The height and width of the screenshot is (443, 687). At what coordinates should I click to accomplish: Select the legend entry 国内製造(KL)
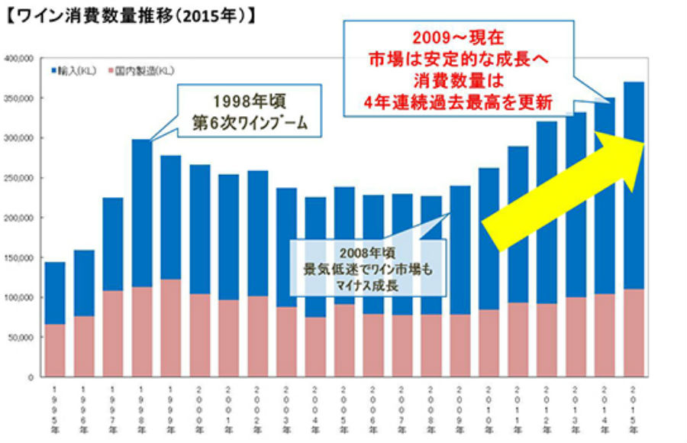(x=144, y=71)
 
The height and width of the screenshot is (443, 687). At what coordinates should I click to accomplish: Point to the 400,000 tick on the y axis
(x=18, y=58)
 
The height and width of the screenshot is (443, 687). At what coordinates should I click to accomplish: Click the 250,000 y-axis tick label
(x=18, y=178)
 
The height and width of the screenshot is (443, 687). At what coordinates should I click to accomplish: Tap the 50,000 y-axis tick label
(x=21, y=337)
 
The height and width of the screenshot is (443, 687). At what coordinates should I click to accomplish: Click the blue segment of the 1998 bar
(x=141, y=214)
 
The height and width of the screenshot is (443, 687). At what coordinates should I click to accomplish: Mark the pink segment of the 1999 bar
(x=170, y=328)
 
